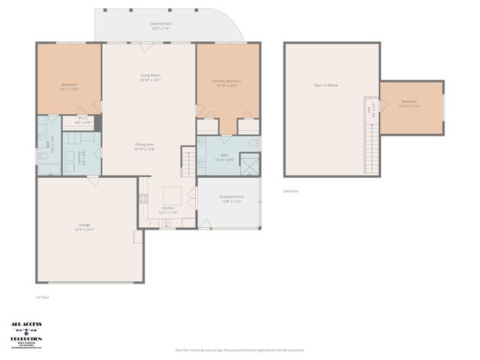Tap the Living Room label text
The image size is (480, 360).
pos(150,77)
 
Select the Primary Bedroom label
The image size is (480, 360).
pos(227,82)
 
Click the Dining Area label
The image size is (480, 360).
pos(145,146)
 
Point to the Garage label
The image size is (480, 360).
pos(84,226)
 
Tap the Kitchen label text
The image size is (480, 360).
pos(168,210)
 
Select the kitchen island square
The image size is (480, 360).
pos(172,192)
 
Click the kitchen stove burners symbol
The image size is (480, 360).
pos(142,199)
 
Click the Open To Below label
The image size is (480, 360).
pos(325,85)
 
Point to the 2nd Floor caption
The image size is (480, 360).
pos(291,191)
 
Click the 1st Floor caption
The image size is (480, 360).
pos(43,298)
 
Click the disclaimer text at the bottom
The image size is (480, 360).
pos(240,349)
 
